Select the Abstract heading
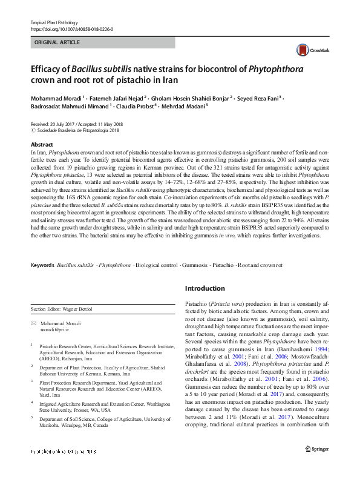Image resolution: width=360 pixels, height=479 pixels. [x=42, y=145]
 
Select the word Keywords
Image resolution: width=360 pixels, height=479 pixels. [x=42, y=265]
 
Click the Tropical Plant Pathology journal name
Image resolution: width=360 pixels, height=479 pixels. [x=56, y=22]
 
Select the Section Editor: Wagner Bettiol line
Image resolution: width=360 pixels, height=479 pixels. [x=62, y=309]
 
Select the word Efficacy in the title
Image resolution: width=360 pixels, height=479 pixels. [x=50, y=68]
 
